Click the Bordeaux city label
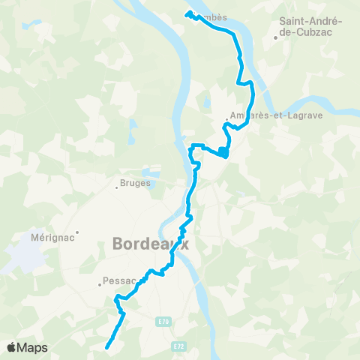pos(151,244)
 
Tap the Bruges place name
pos(136,182)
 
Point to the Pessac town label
pos(118,281)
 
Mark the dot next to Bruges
pos(117,187)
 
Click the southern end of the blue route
pos(106,347)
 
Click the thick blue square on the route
pos(223,153)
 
